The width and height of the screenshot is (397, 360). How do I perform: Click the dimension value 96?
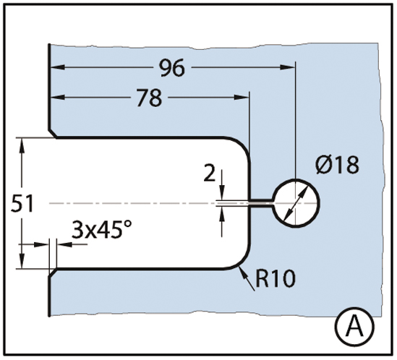coord(172,68)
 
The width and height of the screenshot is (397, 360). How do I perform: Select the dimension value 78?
coord(149,98)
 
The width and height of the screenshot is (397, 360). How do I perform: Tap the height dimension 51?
coord(22,204)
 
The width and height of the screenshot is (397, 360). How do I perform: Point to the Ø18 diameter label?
coord(338,165)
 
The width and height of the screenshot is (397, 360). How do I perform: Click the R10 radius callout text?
coord(276,278)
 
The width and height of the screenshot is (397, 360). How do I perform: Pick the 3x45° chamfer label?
coord(102,230)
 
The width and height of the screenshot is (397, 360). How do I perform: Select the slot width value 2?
coord(210,173)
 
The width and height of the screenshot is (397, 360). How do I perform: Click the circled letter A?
coord(356,327)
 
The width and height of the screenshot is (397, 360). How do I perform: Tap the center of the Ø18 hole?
coord(296,203)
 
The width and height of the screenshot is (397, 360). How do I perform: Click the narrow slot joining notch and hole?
coord(262,203)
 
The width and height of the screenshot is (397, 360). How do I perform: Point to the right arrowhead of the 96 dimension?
coord(288,67)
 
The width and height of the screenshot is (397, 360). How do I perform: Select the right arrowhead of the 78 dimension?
coord(242,97)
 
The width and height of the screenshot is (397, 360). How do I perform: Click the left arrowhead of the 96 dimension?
coord(58,67)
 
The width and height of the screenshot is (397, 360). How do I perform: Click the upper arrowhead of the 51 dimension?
coord(22,145)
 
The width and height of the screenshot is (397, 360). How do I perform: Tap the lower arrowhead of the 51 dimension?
coord(22,261)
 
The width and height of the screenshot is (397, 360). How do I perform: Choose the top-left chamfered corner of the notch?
coord(53,134)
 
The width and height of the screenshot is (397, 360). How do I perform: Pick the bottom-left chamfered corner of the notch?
coord(53,273)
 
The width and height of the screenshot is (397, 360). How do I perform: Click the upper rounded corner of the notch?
coord(242,145)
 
